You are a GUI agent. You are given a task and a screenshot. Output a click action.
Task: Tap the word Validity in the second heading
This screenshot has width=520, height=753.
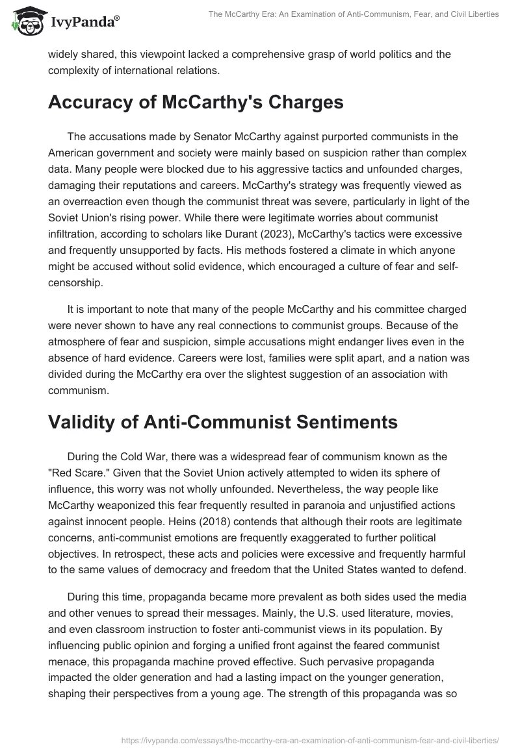[86, 403]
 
